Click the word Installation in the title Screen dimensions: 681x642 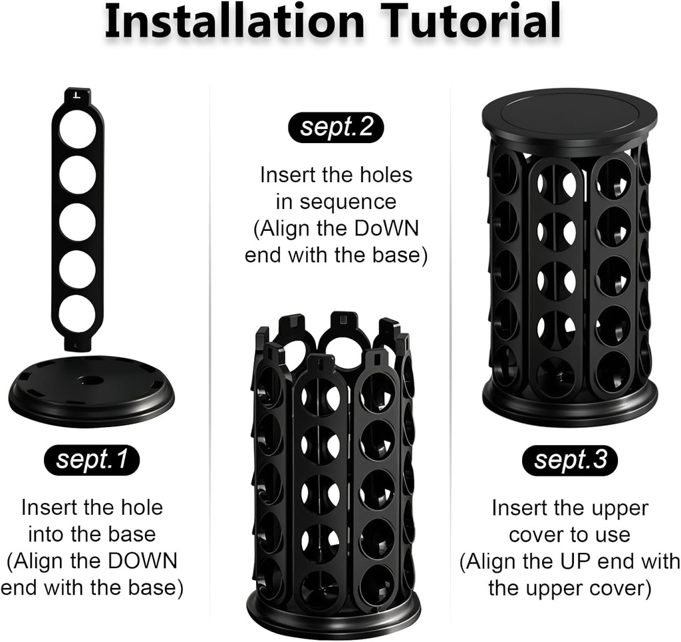point(235,21)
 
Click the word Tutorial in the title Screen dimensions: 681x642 point(472,21)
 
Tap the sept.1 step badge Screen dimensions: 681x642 point(92,460)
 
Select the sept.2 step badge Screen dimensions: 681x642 point(336,127)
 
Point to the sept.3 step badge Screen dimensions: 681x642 point(570,460)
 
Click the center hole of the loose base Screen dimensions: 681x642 point(91,379)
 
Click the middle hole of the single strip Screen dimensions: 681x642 point(78,222)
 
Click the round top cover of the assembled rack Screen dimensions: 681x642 point(570,115)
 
